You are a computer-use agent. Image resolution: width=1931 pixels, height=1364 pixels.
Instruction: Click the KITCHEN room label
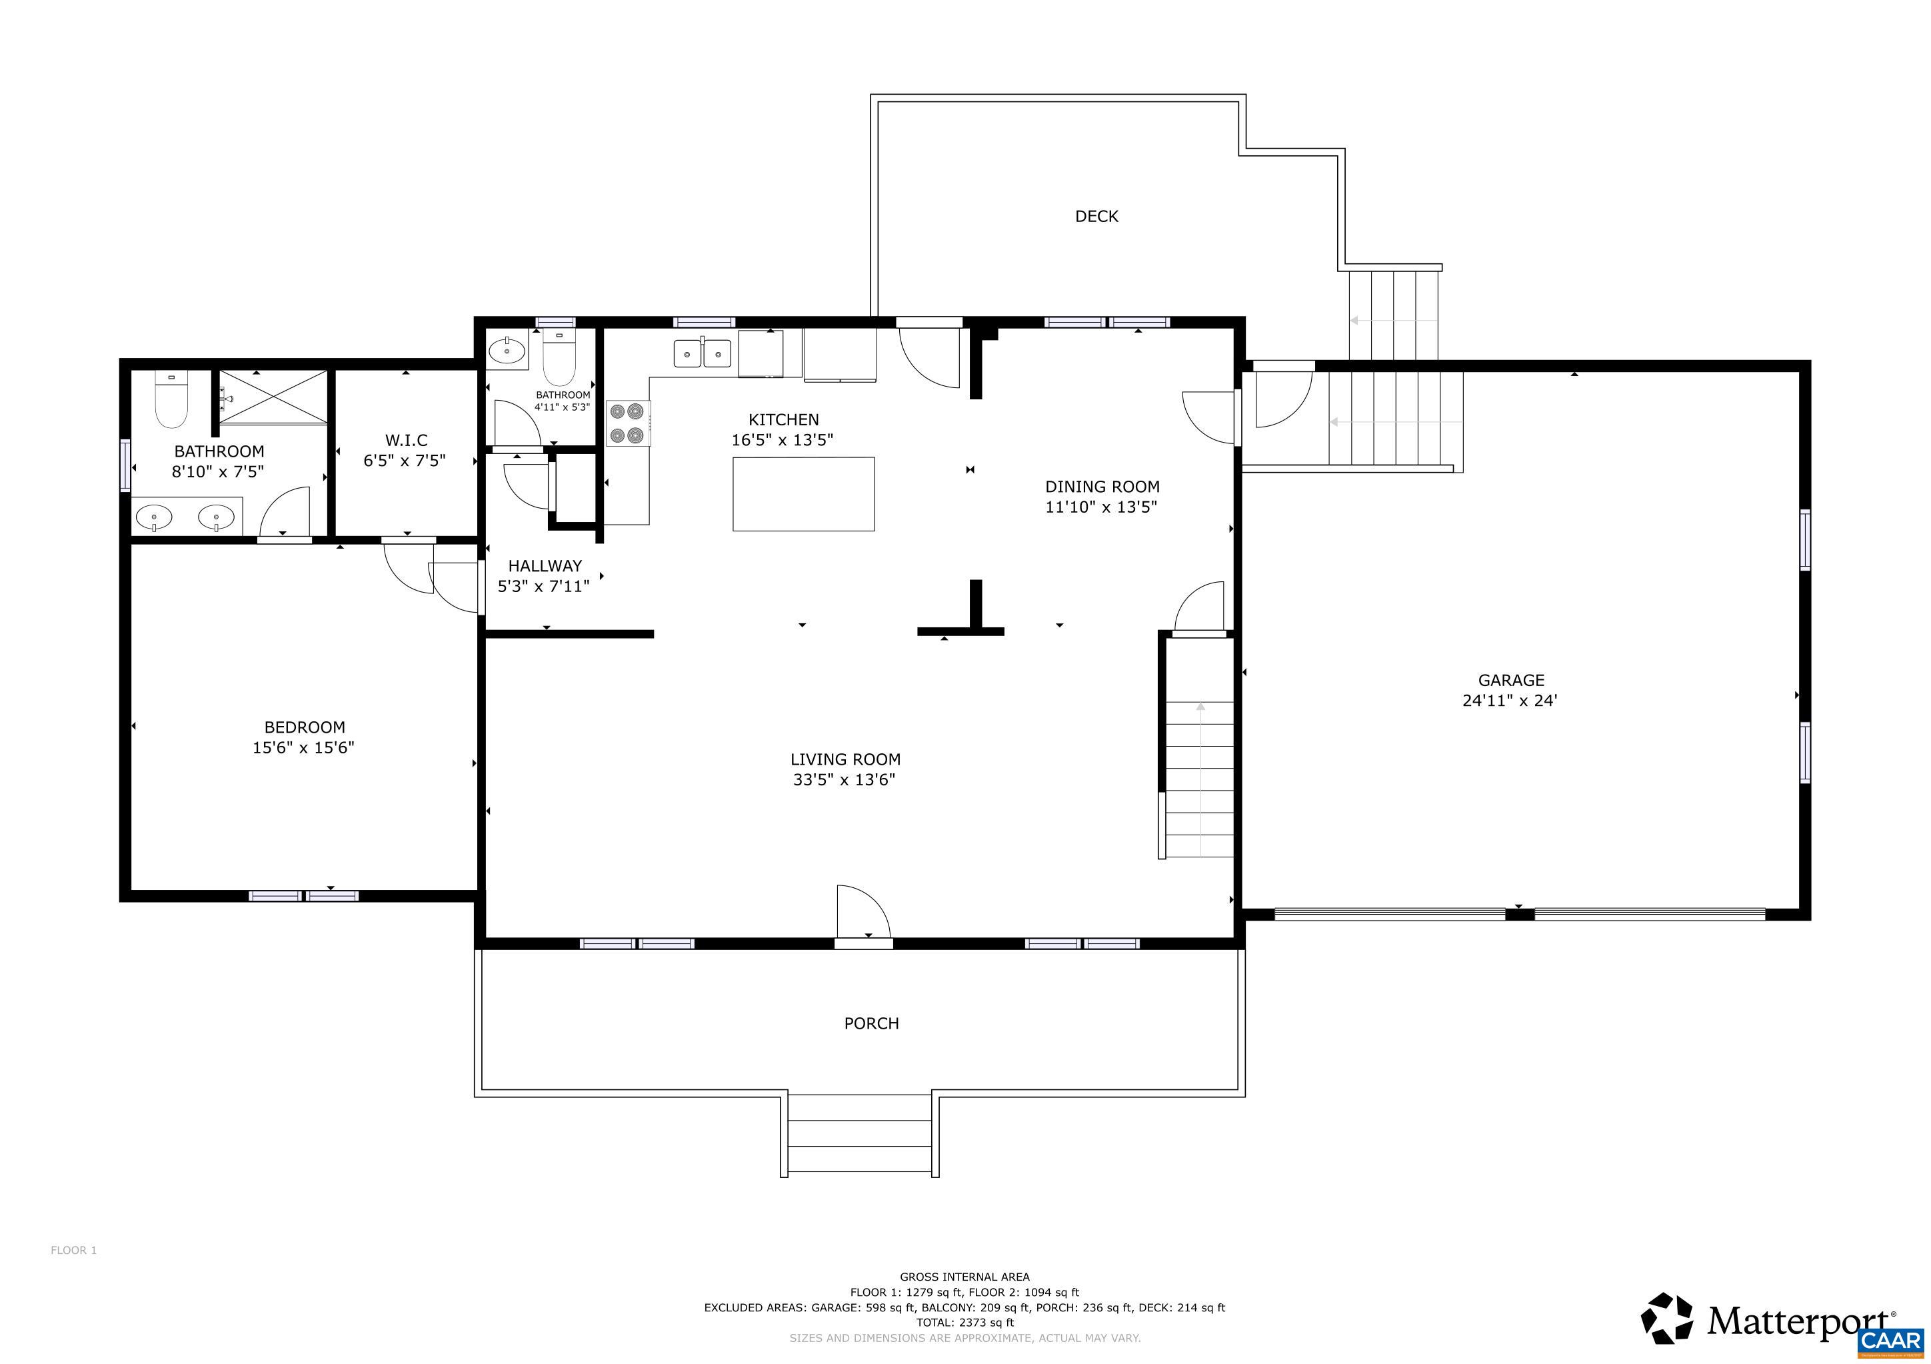click(x=783, y=419)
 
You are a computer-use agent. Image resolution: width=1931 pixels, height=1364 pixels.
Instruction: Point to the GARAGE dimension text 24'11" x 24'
click(x=1510, y=701)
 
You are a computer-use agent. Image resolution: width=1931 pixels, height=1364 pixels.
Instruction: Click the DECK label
click(x=1096, y=216)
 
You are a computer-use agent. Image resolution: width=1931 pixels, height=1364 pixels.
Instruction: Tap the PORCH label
click(x=871, y=1023)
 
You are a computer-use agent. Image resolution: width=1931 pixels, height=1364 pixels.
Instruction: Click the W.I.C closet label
click(x=406, y=441)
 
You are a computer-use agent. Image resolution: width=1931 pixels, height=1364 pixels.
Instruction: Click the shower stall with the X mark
click(x=273, y=397)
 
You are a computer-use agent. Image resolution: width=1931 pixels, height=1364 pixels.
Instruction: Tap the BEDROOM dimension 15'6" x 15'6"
click(x=303, y=747)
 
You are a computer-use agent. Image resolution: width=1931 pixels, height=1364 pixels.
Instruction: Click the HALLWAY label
click(x=544, y=566)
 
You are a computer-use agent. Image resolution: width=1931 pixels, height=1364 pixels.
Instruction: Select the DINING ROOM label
click(x=1102, y=487)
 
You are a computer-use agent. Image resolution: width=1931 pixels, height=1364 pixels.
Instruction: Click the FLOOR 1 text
click(x=74, y=1251)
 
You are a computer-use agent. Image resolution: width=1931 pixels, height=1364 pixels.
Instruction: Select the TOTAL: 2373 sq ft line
click(x=965, y=1323)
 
